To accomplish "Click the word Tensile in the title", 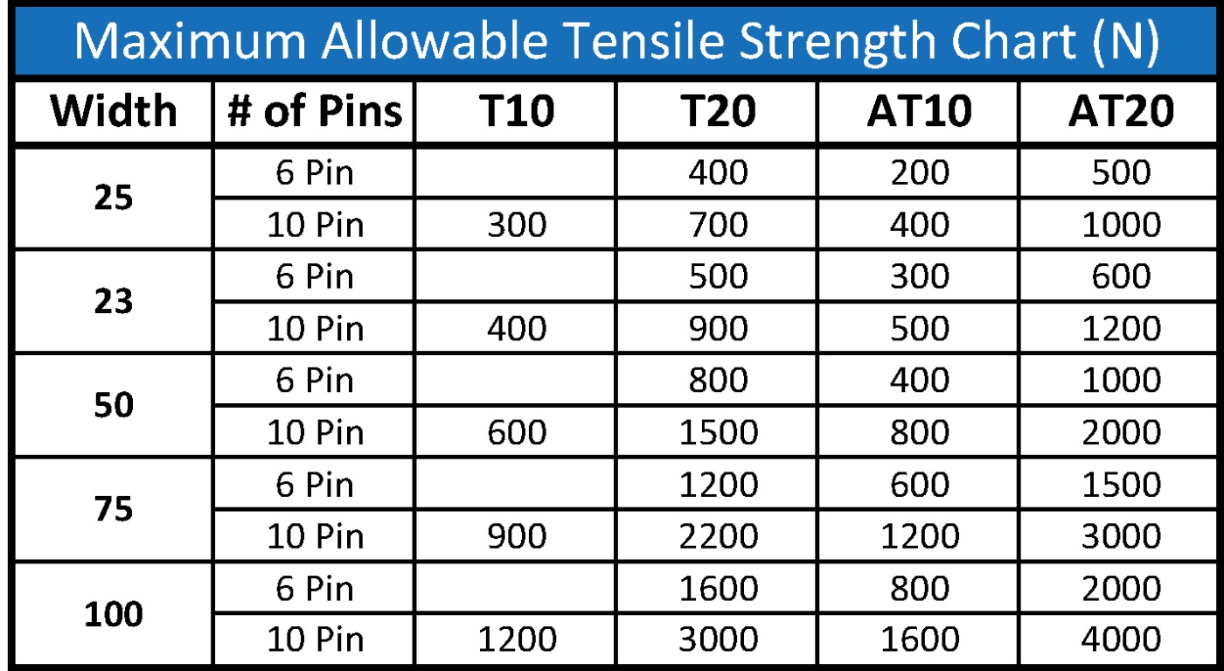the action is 646,40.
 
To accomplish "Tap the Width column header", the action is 114,111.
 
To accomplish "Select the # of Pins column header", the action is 315,111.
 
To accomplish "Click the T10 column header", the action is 517,111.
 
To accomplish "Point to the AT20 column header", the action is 1121,111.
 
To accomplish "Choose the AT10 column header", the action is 920,111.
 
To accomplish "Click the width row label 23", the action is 114,301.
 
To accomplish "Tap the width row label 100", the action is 114,613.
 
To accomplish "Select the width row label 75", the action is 114,509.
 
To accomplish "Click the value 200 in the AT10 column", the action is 920,173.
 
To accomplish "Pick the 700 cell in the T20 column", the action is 718,225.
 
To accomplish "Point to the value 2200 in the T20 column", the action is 718,536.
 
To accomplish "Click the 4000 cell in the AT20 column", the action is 1121,639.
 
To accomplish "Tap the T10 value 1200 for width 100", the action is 517,639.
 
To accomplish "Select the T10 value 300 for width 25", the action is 517,225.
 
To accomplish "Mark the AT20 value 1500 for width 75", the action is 1121,485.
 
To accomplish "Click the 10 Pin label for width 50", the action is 315,432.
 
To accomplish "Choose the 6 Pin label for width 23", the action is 315,276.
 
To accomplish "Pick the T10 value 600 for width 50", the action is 517,432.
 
